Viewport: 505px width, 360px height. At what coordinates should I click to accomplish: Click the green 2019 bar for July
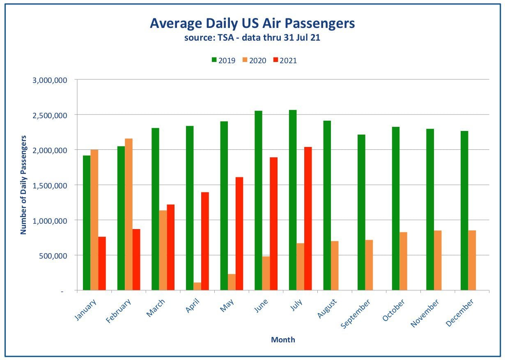point(293,200)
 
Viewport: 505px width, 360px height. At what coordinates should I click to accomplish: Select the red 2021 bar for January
point(102,263)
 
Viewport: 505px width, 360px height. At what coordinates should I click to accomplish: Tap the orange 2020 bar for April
point(197,286)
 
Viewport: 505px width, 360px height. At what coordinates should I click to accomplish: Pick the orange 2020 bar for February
point(129,214)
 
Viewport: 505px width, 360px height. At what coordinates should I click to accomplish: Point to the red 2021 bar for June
point(274,224)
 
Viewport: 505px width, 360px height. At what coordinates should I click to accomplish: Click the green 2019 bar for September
point(361,212)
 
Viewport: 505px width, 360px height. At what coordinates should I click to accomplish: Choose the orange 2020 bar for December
point(472,260)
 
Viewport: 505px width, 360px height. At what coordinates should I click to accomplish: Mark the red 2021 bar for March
point(171,247)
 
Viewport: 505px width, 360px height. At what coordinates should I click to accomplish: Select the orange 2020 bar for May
point(232,282)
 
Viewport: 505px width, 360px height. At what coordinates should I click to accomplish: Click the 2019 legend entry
point(223,60)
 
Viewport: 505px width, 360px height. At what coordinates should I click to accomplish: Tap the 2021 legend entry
point(285,60)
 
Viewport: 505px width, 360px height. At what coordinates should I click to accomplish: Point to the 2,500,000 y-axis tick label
point(50,115)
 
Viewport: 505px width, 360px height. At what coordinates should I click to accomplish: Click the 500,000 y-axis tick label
point(53,256)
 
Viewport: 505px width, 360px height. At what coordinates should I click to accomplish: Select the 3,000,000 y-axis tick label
point(50,80)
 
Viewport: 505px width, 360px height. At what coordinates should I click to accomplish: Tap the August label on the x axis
point(327,308)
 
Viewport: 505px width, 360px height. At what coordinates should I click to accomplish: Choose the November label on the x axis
point(425,313)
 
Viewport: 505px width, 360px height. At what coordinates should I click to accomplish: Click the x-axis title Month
point(283,340)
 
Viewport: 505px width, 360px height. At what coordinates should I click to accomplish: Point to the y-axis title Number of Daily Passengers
point(23,185)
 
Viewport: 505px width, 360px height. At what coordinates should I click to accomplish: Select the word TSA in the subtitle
point(226,37)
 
